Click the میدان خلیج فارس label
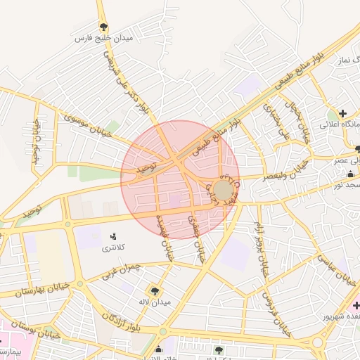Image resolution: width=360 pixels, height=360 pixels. tap(104, 39)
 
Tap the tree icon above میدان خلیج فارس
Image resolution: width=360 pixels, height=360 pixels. tap(104, 27)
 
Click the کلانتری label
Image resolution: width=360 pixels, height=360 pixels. tap(113, 247)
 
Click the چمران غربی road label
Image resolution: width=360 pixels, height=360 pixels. tap(121, 271)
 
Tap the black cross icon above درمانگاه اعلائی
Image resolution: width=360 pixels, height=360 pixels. tap(342, 113)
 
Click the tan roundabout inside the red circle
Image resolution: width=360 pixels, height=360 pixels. tap(224, 191)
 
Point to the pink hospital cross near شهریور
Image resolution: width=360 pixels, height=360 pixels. tap(356, 305)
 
